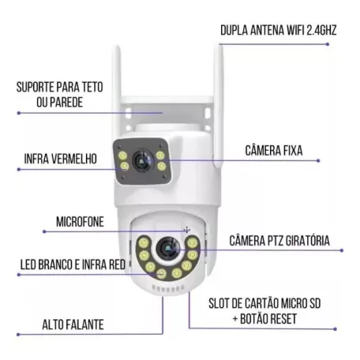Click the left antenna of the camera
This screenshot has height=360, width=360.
(118, 79)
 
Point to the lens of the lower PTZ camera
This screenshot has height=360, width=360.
(167, 249)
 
